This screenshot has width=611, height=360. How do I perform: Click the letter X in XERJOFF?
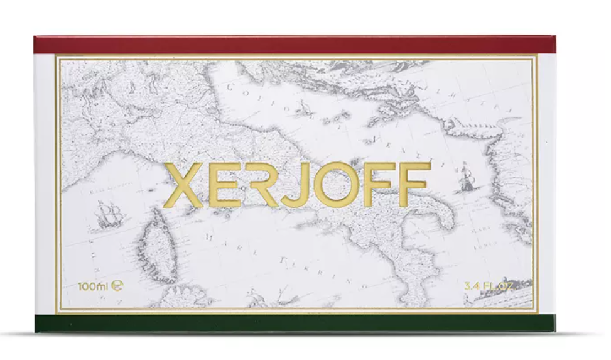coord(185,184)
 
